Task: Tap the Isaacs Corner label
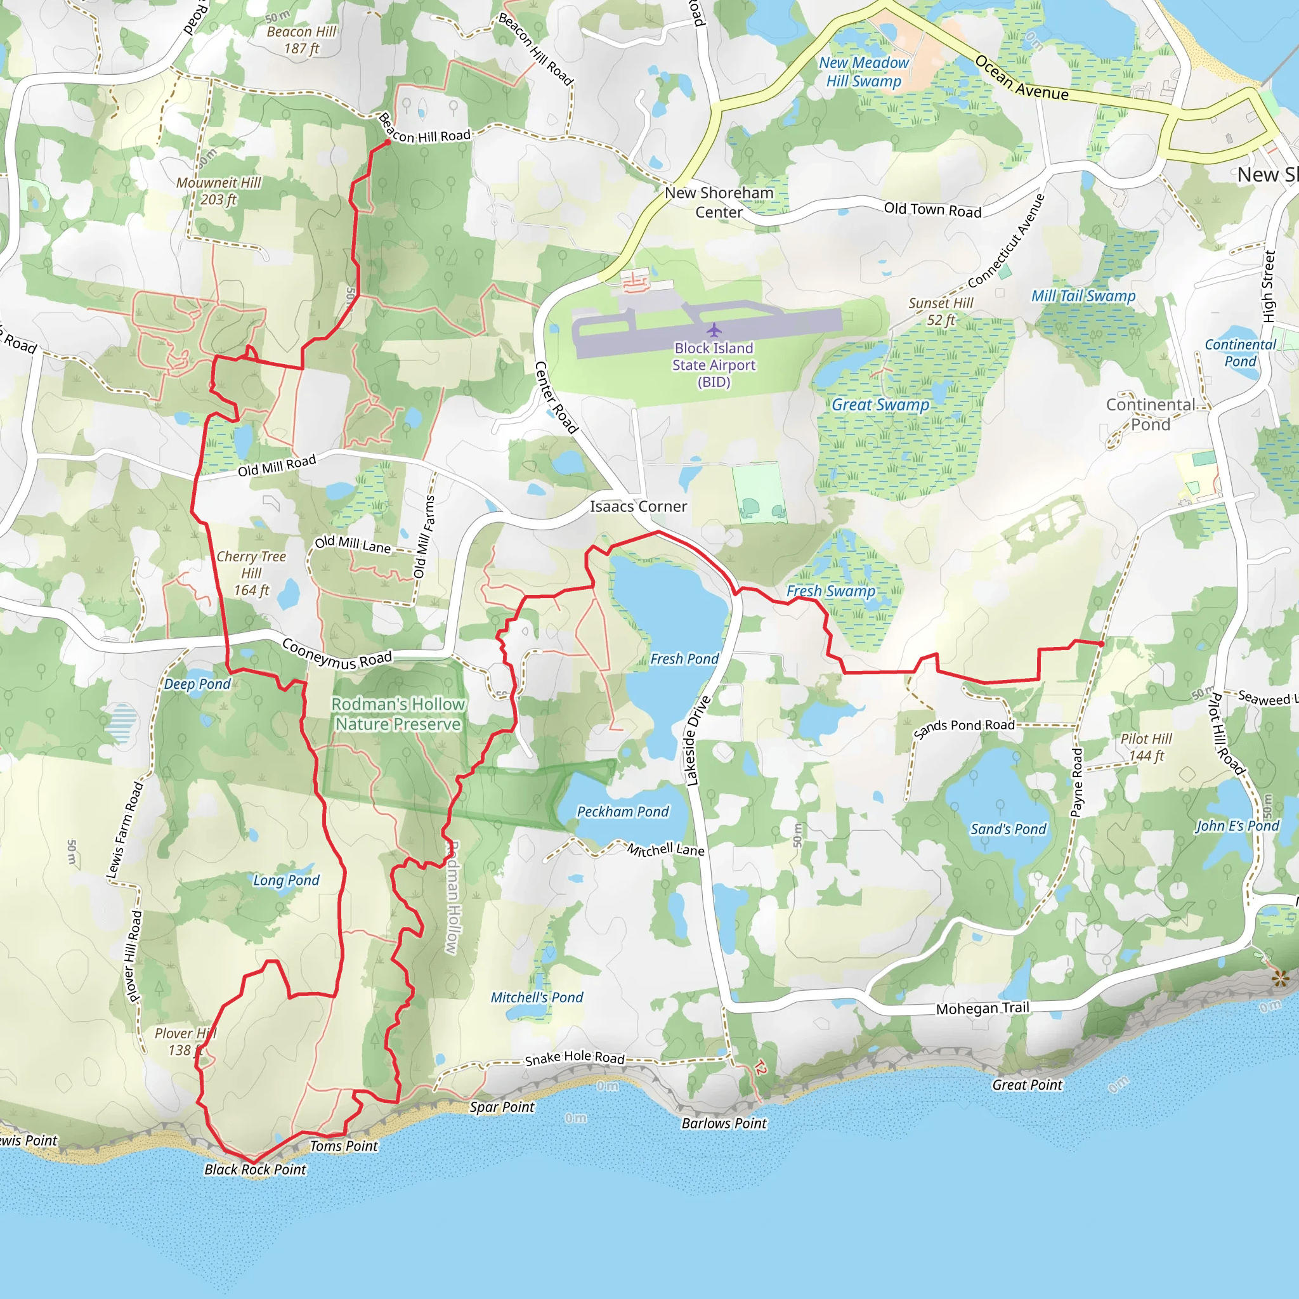(x=638, y=506)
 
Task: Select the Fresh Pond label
(x=684, y=659)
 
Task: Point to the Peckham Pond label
(x=623, y=811)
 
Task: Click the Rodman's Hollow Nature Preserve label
(x=398, y=714)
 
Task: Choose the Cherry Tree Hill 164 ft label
(x=251, y=573)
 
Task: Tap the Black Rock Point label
(x=255, y=1169)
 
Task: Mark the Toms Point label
(x=344, y=1146)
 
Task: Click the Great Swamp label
(x=880, y=405)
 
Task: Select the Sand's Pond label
(x=1008, y=829)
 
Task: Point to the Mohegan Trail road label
(x=982, y=1009)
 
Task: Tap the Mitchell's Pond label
(x=537, y=997)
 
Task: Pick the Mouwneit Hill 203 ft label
(x=219, y=191)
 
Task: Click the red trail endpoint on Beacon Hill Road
(x=388, y=143)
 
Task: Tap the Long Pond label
(x=286, y=880)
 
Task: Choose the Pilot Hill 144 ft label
(x=1146, y=747)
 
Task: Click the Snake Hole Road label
(x=574, y=1057)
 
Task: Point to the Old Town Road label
(x=932, y=210)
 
